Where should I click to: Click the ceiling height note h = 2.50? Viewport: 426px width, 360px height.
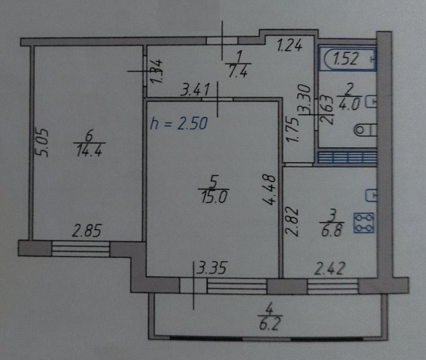pos(179,123)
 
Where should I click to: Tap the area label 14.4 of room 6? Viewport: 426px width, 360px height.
pos(89,150)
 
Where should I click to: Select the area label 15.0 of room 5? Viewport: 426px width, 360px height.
pos(214,197)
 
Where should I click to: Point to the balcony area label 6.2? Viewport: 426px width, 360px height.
pos(269,323)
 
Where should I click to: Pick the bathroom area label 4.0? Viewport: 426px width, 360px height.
pos(349,104)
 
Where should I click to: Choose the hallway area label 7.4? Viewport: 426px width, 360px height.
pos(237,71)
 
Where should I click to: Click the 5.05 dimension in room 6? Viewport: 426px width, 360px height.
pos(42,143)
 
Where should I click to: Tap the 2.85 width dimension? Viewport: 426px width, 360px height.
pos(87,231)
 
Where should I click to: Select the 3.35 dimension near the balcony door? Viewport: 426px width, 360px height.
pos(212,269)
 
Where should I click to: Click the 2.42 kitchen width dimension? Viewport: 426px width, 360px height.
pos(330,268)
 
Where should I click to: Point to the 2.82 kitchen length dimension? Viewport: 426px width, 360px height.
pos(292,222)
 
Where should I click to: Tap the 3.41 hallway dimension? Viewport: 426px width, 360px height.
pos(196,90)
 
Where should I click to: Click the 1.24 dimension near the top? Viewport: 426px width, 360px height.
pos(289,45)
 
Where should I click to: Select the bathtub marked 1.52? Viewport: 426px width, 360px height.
pos(347,59)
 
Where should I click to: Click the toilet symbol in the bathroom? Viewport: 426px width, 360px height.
pos(366,130)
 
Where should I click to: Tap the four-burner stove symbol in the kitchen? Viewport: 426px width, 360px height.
pos(364,223)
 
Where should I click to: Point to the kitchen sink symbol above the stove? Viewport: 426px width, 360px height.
pos(371,195)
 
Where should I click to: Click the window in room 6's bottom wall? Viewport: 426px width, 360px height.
pos(80,249)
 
